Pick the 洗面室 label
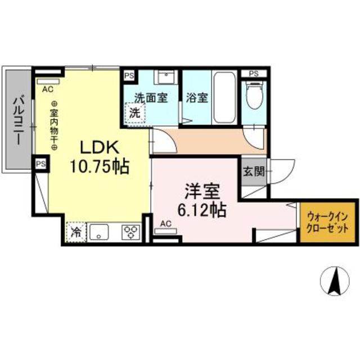[x=150, y=97]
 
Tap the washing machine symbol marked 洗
[x=135, y=112]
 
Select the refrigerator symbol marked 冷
[x=76, y=231]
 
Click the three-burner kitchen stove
[x=131, y=231]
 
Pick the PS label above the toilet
[x=254, y=74]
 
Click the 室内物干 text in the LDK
[x=55, y=125]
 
